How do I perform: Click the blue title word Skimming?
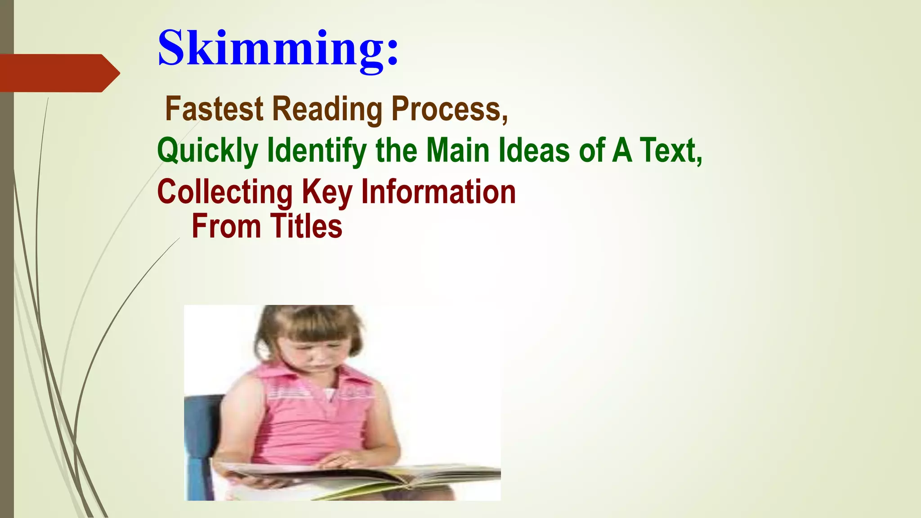point(277,49)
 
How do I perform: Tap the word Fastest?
point(214,109)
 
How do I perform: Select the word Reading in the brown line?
point(327,110)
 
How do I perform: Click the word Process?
point(449,109)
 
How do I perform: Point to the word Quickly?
point(207,151)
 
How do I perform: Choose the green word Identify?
point(317,151)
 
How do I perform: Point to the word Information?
point(438,191)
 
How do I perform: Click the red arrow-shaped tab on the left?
point(58,73)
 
